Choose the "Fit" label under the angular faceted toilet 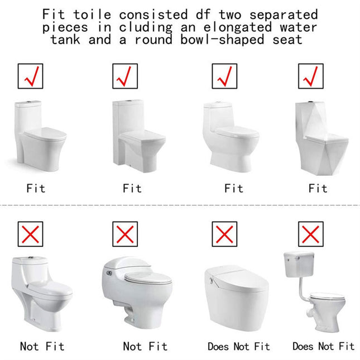coord(318,189)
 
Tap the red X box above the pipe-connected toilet coord(310,233)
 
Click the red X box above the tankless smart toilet coord(224,233)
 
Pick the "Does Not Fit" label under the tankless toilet coord(238,347)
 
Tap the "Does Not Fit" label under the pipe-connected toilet coord(323,347)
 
